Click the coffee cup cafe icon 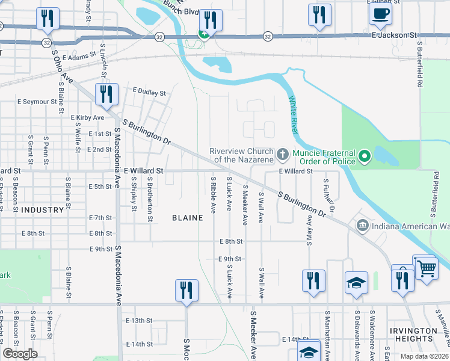380,14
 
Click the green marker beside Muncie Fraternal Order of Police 364,158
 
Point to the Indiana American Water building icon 362,226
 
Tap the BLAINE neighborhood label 187,218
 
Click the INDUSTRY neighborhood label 42,210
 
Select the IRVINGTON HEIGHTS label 413,335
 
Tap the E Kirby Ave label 88,117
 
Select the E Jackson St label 394,36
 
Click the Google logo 20,354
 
